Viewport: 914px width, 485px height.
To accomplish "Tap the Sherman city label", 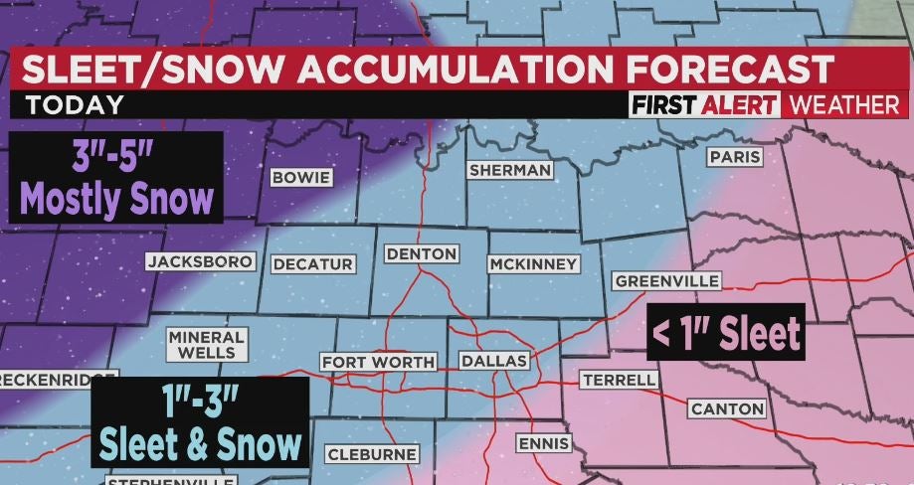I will point(510,170).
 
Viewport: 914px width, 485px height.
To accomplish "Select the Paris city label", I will point(734,157).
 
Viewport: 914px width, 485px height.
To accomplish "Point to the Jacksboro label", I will point(201,262).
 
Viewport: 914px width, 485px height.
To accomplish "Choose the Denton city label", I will point(422,253).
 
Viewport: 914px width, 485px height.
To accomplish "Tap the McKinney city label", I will point(533,263).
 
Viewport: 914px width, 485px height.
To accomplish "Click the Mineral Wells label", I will point(207,345).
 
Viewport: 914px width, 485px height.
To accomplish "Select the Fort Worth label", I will point(377,362).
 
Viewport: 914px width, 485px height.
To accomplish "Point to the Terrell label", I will point(619,380).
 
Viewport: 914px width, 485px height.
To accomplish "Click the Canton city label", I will point(727,408).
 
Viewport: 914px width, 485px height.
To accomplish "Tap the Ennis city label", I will point(544,442).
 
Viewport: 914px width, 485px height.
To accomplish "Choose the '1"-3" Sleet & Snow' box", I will point(200,424).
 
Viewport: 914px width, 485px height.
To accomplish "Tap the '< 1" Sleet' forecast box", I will point(725,333).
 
